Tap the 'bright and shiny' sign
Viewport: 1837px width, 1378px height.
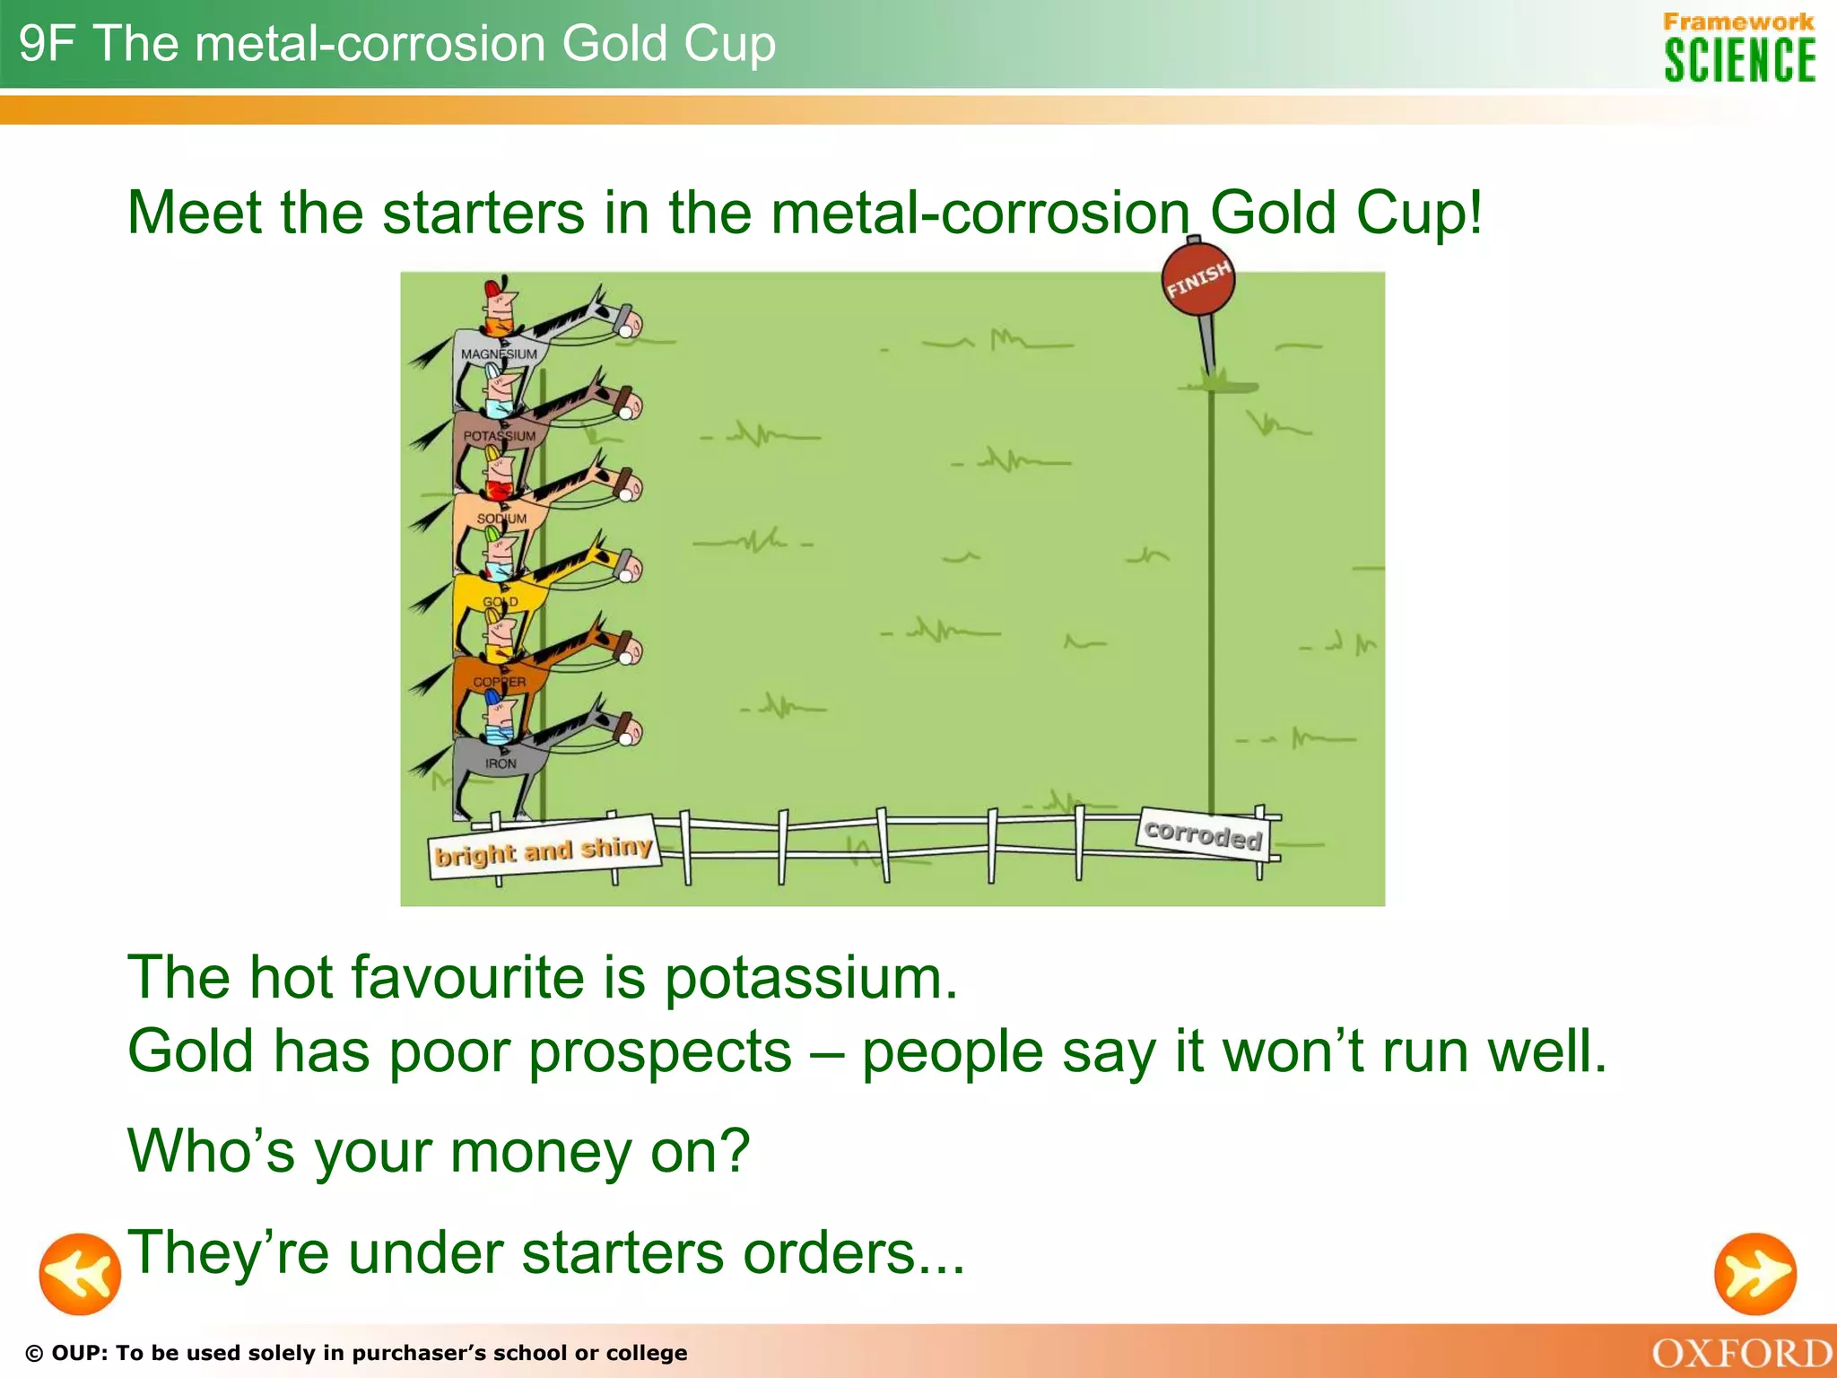pyautogui.click(x=544, y=849)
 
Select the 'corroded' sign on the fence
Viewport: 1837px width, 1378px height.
pyautogui.click(x=1204, y=834)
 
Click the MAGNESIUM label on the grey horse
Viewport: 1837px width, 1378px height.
pyautogui.click(x=499, y=354)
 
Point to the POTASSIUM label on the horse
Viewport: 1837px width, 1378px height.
pyautogui.click(x=500, y=436)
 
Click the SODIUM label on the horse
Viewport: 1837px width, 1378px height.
pyautogui.click(x=501, y=519)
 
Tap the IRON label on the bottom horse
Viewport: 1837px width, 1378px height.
pyautogui.click(x=501, y=763)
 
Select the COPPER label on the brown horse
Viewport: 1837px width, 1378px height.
pyautogui.click(x=500, y=682)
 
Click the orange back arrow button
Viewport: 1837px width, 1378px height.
pyautogui.click(x=80, y=1274)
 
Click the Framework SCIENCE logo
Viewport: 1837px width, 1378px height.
pyautogui.click(x=1738, y=48)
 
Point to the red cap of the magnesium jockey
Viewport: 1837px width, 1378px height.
pyautogui.click(x=492, y=289)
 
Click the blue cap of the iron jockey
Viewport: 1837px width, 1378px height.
pyautogui.click(x=493, y=697)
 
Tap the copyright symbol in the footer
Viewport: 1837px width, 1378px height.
pyautogui.click(x=34, y=1354)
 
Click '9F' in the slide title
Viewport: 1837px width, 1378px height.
pyautogui.click(x=47, y=43)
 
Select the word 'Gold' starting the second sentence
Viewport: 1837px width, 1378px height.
pyautogui.click(x=191, y=1051)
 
